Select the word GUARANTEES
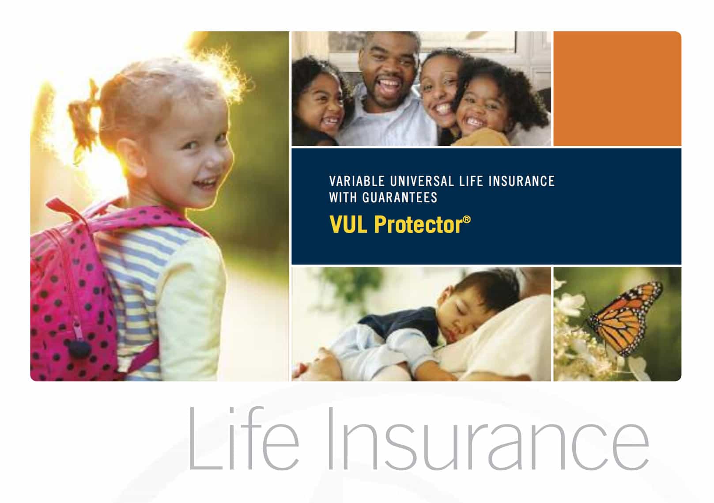(x=400, y=198)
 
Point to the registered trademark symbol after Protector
(x=467, y=219)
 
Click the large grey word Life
(x=244, y=439)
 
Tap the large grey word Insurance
(x=488, y=439)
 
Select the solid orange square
(x=617, y=89)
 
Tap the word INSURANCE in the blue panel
(x=522, y=181)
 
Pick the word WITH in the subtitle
(x=343, y=198)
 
